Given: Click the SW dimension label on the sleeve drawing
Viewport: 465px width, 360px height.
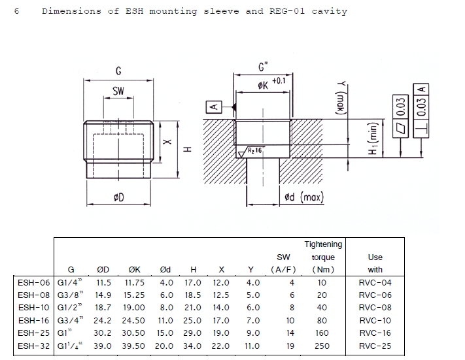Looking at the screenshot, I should coord(118,92).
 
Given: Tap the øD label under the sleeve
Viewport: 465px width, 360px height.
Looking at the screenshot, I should coord(118,197).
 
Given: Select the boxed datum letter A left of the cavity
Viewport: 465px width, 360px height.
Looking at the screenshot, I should coord(214,106).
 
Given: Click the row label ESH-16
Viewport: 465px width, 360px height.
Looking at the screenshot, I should coord(35,321).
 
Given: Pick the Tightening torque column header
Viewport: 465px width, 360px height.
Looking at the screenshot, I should coord(324,257).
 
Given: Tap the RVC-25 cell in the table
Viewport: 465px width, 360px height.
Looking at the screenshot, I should coord(375,346).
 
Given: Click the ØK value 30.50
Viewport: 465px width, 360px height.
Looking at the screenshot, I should coord(136,333).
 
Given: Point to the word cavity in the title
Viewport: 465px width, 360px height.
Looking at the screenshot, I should coord(330,11).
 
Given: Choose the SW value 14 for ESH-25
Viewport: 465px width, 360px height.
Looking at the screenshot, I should coord(292,333).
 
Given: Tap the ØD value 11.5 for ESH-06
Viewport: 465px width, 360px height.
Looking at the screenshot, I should coord(104,283).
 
